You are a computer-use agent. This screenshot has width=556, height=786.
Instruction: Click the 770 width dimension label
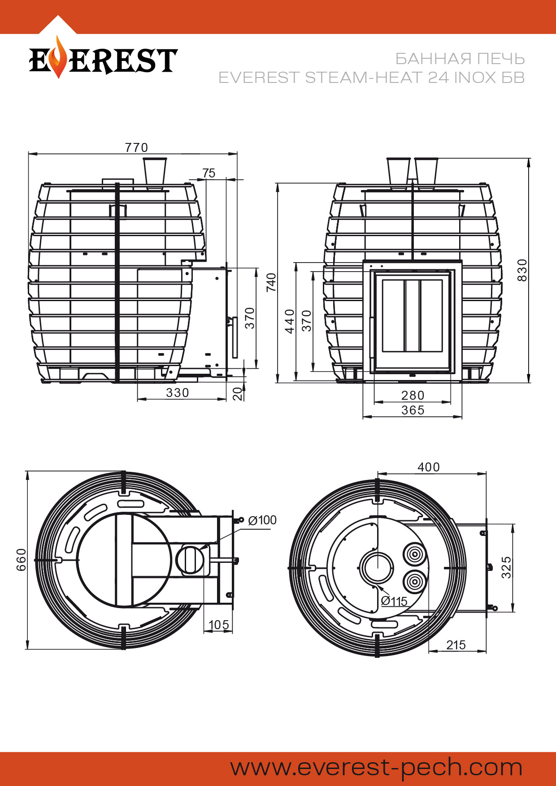(136, 147)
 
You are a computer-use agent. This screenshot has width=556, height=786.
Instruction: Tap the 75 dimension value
(209, 173)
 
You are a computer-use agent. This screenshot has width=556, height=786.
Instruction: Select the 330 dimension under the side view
(178, 393)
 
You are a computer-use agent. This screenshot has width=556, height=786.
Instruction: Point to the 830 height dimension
(522, 270)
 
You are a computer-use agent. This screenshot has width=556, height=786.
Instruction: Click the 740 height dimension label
(271, 282)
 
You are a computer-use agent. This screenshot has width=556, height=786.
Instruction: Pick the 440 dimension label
(290, 321)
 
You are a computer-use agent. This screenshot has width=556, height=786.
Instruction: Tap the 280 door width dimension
(413, 395)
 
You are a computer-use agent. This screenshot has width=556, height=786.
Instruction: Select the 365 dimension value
(413, 410)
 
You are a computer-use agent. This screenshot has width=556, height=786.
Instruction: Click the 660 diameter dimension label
(21, 560)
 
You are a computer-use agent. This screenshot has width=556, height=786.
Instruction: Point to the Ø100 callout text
(262, 520)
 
